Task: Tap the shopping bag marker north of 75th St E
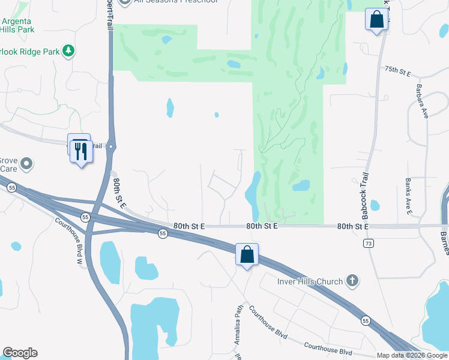coord(376,19)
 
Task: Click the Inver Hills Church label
coord(310,281)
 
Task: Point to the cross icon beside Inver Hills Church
coord(352,281)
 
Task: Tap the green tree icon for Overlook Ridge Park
coord(70,51)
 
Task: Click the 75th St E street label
coord(397,72)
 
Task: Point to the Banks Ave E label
coord(408,196)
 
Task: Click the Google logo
coord(19,353)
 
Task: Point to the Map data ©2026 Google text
coord(411,355)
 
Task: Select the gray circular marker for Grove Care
coord(26,163)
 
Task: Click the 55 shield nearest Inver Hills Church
coord(366,322)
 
